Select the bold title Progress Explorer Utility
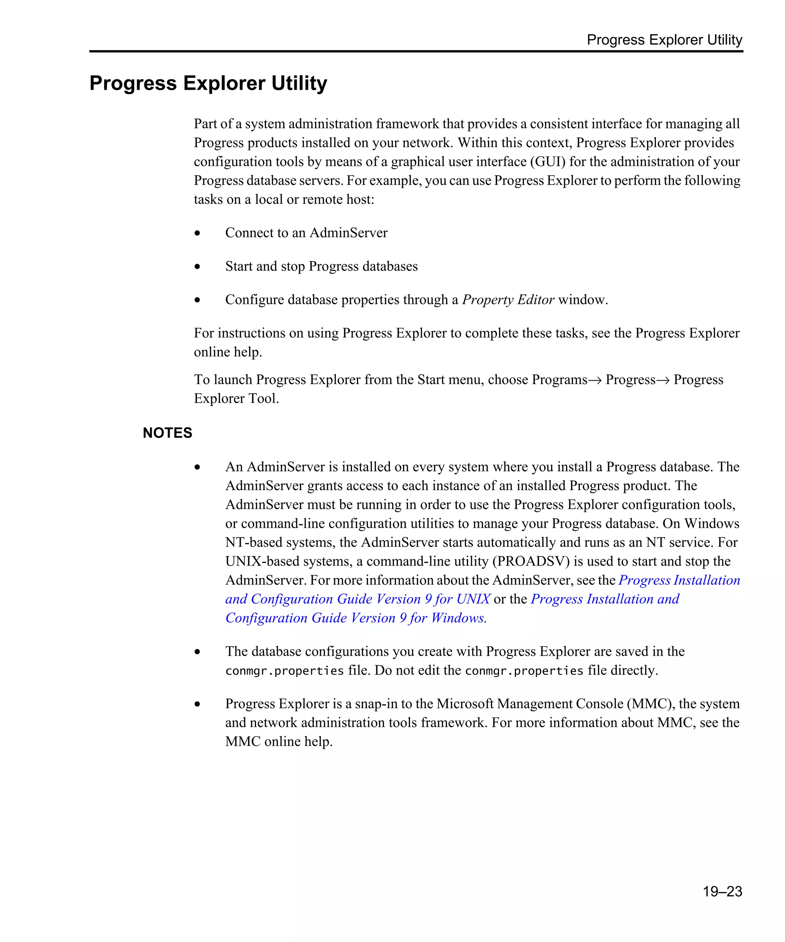click(x=208, y=83)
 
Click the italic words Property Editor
click(x=508, y=299)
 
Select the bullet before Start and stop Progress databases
click(x=197, y=266)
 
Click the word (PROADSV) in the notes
click(x=530, y=561)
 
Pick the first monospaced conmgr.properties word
click(x=284, y=671)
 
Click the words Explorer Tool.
click(x=236, y=398)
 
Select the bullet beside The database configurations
click(x=197, y=652)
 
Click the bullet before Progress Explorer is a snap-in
click(x=197, y=704)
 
